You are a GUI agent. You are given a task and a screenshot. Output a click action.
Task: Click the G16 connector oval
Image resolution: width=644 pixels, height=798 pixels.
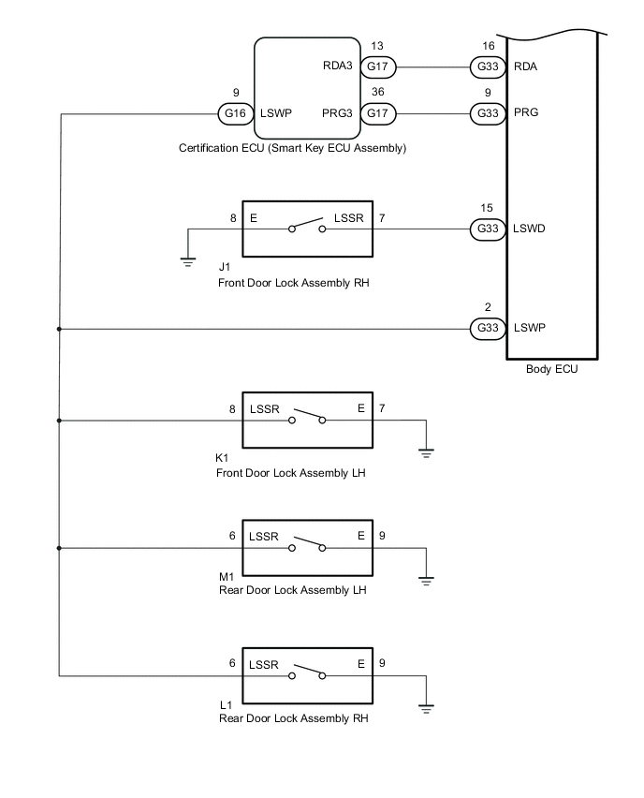coord(232,113)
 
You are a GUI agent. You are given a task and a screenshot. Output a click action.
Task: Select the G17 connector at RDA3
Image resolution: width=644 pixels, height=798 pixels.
coord(377,67)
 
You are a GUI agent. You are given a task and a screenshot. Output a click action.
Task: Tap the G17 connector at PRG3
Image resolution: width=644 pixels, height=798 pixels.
coord(377,113)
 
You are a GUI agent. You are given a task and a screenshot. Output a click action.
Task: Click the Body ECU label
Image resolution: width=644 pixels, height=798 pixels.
coord(552,369)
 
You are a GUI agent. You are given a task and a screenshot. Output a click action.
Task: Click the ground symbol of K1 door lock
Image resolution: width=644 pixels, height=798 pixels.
coord(427,453)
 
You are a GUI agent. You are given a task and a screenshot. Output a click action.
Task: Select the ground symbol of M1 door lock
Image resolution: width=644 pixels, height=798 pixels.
coord(427,580)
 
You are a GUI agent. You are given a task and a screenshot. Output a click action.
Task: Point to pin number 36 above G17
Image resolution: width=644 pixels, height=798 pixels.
coord(377,93)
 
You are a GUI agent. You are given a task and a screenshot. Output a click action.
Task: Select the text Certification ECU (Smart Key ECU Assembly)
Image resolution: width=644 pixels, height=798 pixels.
coord(291,148)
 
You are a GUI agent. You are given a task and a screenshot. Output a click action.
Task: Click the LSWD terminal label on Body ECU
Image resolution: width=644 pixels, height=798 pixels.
coord(531,228)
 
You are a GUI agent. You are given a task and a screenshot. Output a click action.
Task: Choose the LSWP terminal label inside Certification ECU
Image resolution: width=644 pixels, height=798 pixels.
coord(276,113)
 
